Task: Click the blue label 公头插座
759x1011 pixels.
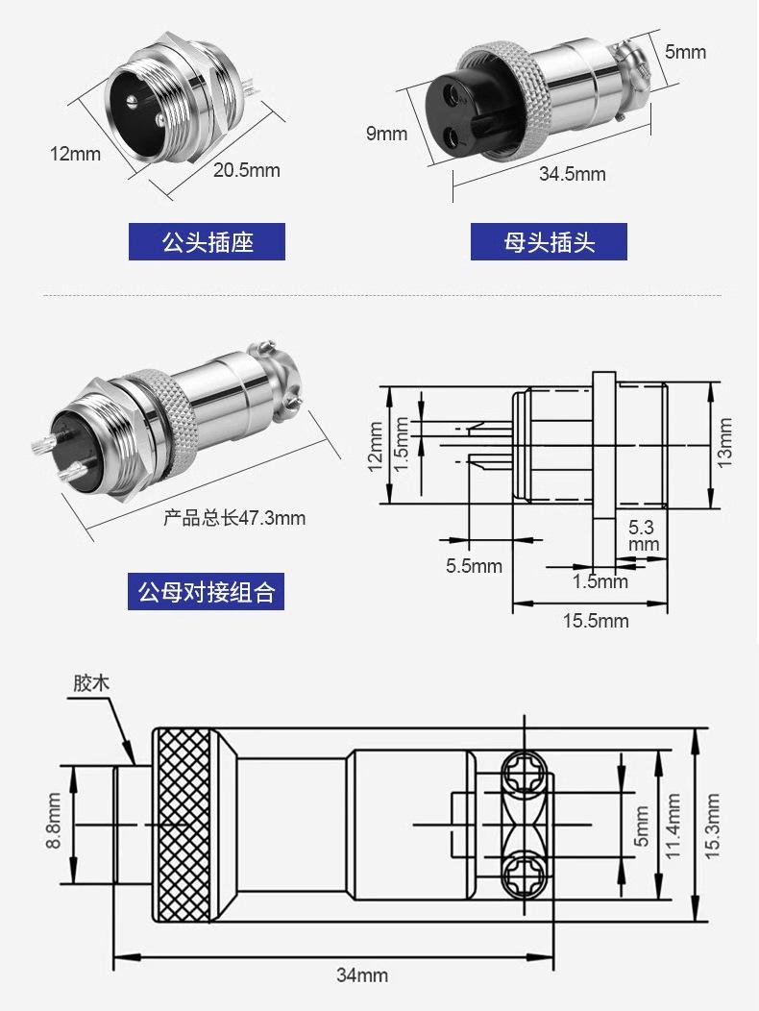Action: [x=207, y=242]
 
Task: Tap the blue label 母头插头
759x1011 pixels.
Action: [x=549, y=242]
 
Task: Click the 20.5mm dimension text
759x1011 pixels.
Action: [x=247, y=171]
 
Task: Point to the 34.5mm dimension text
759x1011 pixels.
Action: [x=573, y=174]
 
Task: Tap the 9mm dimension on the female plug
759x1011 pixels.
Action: [x=386, y=134]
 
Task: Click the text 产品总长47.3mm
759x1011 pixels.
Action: [x=234, y=519]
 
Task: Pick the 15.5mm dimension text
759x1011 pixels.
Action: [x=596, y=621]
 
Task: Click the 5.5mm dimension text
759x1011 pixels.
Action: [x=474, y=566]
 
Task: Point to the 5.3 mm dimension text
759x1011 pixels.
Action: [x=642, y=535]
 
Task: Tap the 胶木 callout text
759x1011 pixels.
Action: [x=92, y=684]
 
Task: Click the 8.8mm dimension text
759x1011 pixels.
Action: [x=53, y=822]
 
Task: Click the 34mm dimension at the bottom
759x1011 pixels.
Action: [x=362, y=974]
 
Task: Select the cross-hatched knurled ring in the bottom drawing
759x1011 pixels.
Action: [x=183, y=825]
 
